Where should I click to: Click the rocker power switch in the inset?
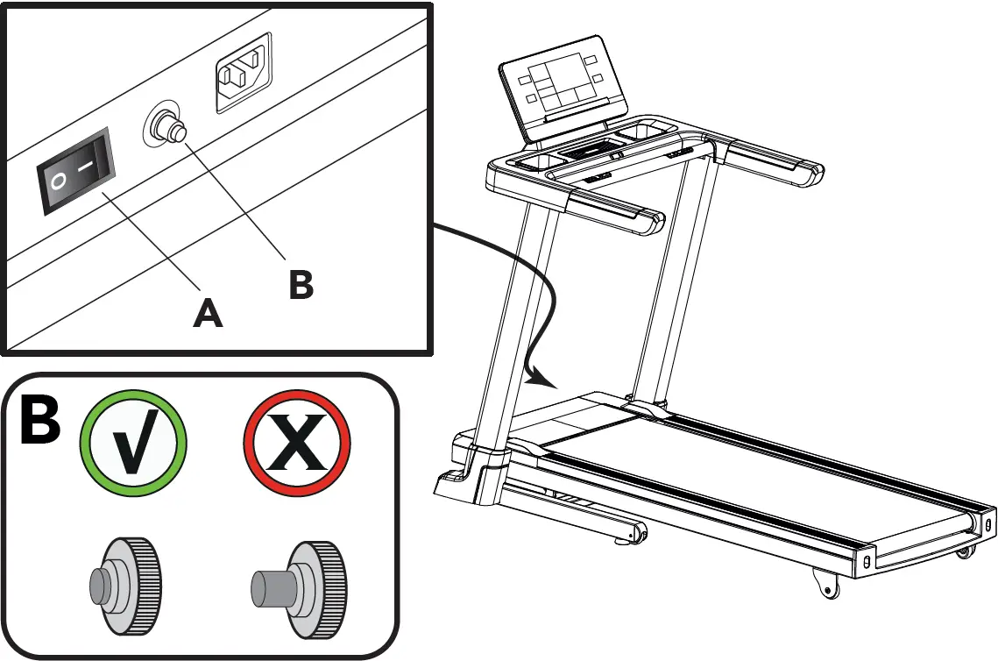(x=74, y=171)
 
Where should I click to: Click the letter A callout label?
(x=208, y=311)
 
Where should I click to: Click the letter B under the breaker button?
(x=301, y=284)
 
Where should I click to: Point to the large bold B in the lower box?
(x=39, y=423)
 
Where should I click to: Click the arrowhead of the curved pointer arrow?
(x=548, y=382)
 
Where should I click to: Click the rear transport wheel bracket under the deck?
(x=825, y=582)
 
